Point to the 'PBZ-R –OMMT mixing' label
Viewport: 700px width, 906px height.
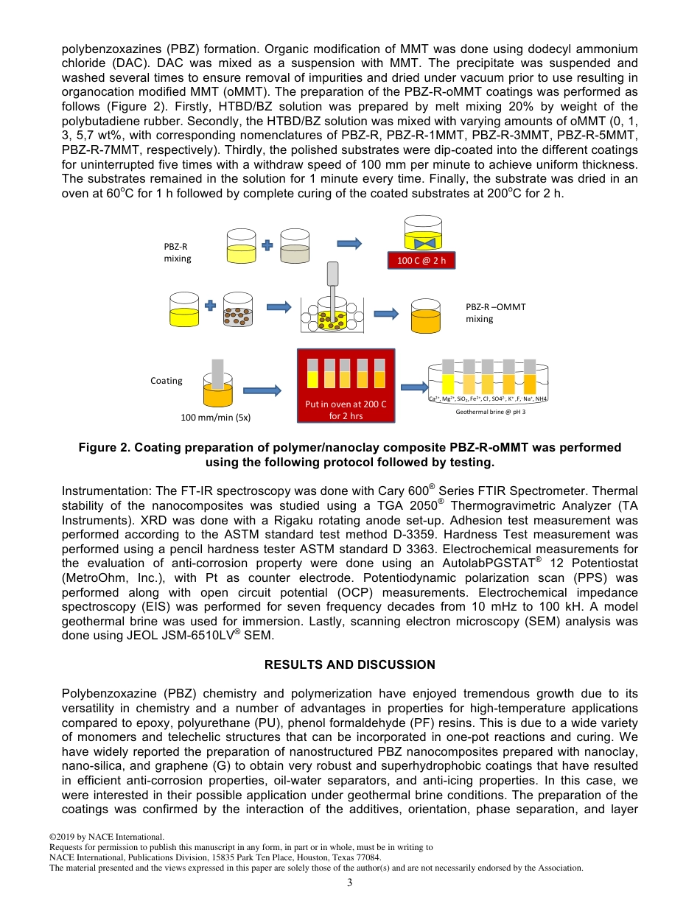pyautogui.click(x=495, y=312)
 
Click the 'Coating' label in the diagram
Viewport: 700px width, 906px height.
pyautogui.click(x=167, y=380)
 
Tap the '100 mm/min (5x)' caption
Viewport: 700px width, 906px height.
pyautogui.click(x=216, y=417)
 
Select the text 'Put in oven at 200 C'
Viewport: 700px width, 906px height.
pyautogui.click(x=346, y=404)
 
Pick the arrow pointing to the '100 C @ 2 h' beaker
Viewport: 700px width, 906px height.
pyautogui.click(x=349, y=244)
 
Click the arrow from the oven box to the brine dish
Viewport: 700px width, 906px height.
pyautogui.click(x=413, y=387)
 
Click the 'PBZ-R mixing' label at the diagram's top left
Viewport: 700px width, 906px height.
pyautogui.click(x=178, y=252)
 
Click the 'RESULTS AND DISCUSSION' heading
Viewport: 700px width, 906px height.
pyautogui.click(x=350, y=664)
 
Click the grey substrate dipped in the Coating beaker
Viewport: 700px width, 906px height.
pyautogui.click(x=217, y=374)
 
